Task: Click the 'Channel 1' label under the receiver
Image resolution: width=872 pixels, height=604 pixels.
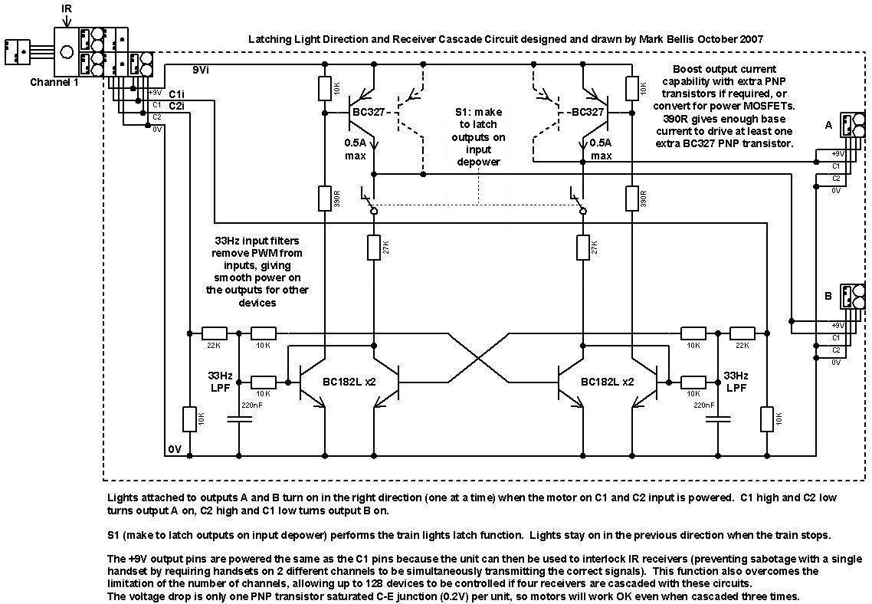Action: pos(54,82)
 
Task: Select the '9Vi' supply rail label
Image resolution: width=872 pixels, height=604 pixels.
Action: pos(201,70)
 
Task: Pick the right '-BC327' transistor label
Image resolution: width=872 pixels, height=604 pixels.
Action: pos(587,112)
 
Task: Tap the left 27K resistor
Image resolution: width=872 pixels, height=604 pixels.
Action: pos(374,248)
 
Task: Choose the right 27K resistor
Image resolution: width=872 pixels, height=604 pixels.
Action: pos(582,248)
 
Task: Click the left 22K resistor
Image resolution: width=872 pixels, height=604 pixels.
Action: pos(215,333)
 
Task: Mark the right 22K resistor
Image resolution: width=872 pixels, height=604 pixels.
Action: pos(742,333)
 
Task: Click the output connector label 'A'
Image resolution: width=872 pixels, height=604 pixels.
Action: pos(828,124)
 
